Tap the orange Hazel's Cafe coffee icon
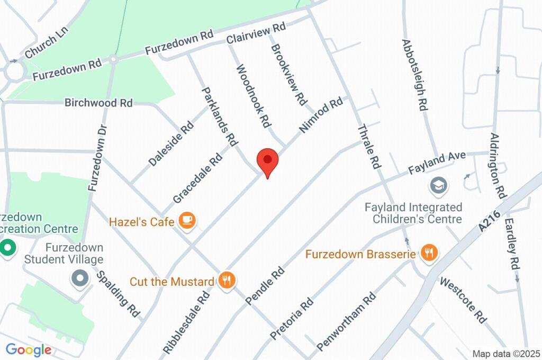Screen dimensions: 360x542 pyautogui.click(x=186, y=220)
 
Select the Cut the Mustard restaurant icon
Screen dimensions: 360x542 pyautogui.click(x=227, y=281)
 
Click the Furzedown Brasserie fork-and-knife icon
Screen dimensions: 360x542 pyautogui.click(x=429, y=254)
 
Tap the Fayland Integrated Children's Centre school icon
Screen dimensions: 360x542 pyautogui.click(x=438, y=185)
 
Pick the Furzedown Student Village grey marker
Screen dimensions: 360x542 pyautogui.click(x=80, y=277)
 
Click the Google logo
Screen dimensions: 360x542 pyautogui.click(x=28, y=350)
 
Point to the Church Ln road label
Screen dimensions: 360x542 pyautogui.click(x=47, y=43)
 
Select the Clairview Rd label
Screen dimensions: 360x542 pyautogui.click(x=256, y=33)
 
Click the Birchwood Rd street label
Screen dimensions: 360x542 pyautogui.click(x=98, y=103)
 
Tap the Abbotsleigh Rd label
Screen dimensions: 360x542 pyautogui.click(x=414, y=75)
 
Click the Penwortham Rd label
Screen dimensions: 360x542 pyautogui.click(x=346, y=321)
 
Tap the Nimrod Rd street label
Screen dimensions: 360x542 pyautogui.click(x=321, y=115)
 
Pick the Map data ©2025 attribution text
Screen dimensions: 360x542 pyautogui.click(x=506, y=354)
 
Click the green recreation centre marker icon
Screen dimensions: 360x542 pyautogui.click(x=7, y=247)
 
